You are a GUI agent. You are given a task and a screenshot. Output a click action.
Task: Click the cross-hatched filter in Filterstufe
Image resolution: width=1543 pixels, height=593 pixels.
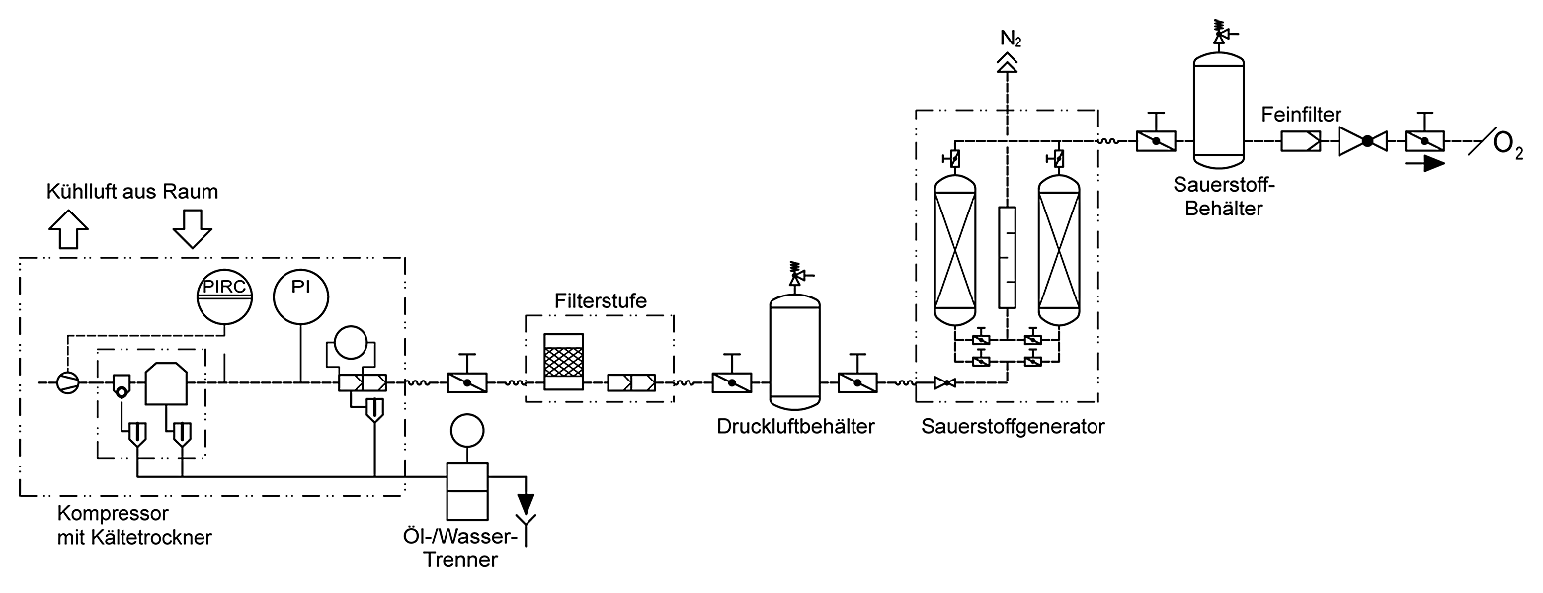(563, 362)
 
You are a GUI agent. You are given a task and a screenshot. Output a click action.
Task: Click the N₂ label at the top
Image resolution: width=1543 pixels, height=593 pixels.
(1011, 40)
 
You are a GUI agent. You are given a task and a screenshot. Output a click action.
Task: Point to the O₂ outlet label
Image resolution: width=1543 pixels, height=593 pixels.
(1507, 145)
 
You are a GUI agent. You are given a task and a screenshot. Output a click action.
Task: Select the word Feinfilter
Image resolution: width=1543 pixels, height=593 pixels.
(1301, 114)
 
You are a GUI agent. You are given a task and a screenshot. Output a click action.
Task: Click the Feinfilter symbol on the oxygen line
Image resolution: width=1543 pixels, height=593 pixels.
(1301, 142)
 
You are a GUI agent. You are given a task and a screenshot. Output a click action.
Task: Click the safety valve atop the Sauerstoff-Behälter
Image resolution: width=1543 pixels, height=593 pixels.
(1223, 33)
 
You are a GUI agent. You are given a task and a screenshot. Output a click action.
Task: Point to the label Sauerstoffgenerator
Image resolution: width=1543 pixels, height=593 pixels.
(1013, 427)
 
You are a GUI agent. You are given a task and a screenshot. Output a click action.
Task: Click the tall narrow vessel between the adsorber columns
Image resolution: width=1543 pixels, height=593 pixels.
(1007, 257)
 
